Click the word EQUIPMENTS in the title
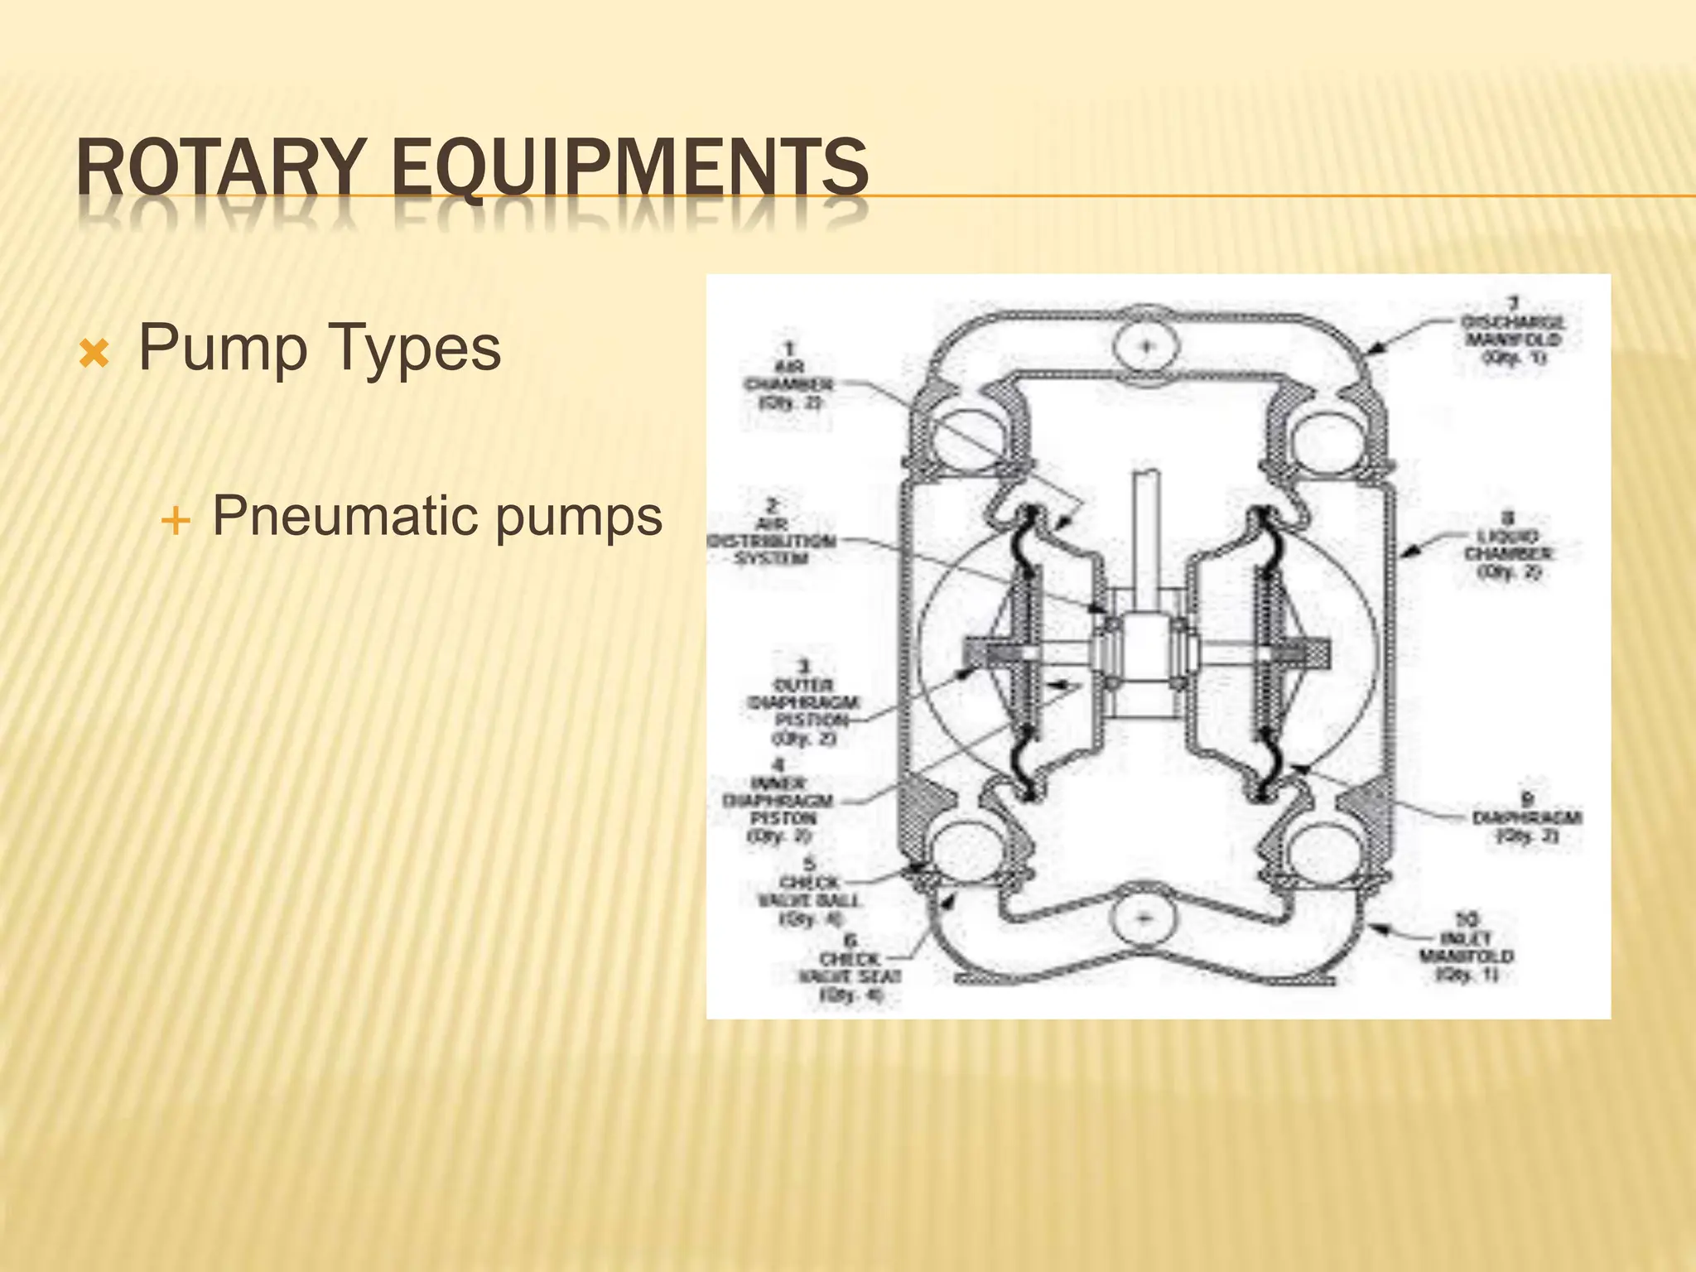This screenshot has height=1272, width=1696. (x=629, y=168)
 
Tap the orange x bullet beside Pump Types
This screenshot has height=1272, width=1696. (x=94, y=355)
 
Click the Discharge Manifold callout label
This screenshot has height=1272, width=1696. (x=1512, y=331)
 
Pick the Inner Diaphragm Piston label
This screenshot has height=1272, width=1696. (x=778, y=801)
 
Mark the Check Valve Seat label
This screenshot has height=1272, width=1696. (x=850, y=967)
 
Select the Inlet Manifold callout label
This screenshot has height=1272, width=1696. (x=1467, y=947)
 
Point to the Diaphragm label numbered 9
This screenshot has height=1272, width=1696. (x=1527, y=817)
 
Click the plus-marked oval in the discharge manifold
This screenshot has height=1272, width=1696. (x=1146, y=345)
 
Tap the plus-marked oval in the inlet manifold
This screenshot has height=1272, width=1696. (x=1144, y=918)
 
